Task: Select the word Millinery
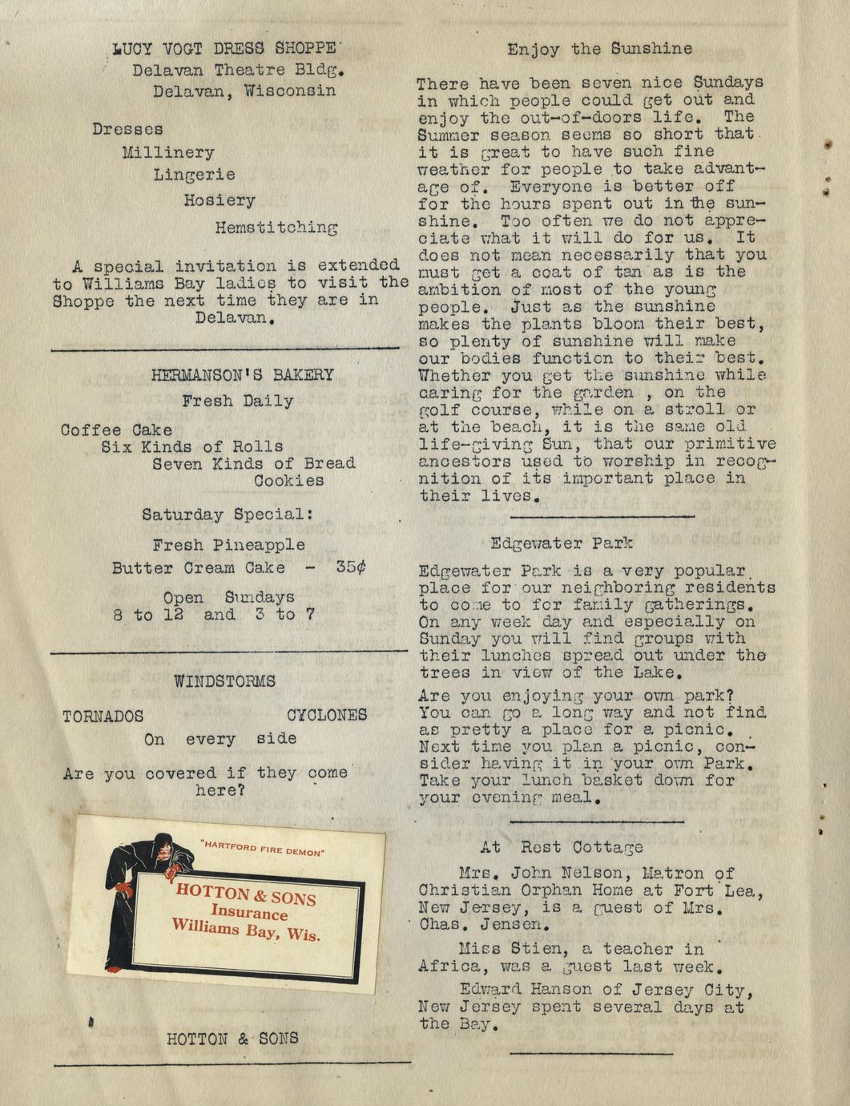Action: [168, 151]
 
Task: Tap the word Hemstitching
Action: [276, 227]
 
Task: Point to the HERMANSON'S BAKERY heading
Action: [242, 374]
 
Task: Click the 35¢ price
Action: [351, 567]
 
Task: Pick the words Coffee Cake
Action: [116, 430]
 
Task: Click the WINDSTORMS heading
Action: [224, 681]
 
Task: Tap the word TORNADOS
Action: [103, 716]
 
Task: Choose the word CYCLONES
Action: [327, 715]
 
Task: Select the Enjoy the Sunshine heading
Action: [599, 49]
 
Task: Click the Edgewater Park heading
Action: [562, 543]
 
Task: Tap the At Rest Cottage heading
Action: [562, 846]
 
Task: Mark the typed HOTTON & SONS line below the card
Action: [232, 1039]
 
